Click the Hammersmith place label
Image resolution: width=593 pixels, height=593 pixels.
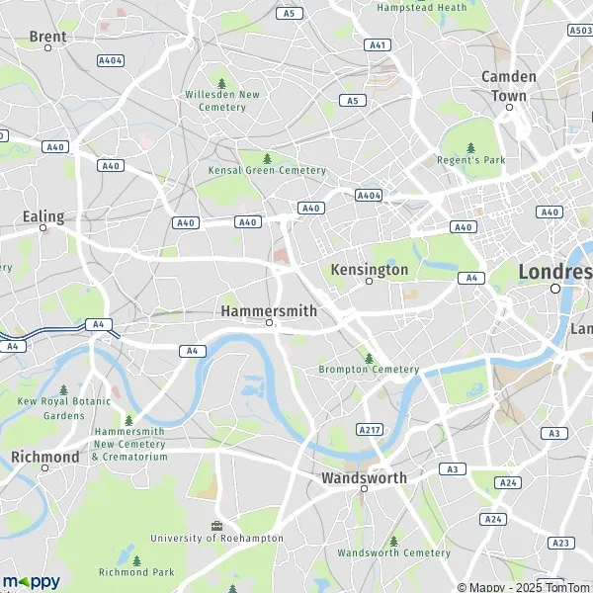point(269,310)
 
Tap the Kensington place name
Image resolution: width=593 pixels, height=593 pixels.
point(369,270)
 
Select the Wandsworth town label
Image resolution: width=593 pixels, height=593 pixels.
point(364,477)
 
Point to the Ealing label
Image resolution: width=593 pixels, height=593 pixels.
point(42,216)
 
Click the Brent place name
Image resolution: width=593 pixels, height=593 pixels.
point(47,37)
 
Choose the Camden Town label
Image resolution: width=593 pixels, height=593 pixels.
point(509,86)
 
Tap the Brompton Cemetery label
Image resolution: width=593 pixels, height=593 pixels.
point(369,370)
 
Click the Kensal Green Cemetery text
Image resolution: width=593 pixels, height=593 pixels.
point(267,170)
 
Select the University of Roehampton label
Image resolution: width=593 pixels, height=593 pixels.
point(216,539)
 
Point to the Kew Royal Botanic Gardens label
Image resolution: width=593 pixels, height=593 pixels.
point(64,409)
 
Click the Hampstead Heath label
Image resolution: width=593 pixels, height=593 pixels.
point(422,7)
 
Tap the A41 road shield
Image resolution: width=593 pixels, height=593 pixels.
point(377,45)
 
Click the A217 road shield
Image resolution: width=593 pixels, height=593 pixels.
point(368,430)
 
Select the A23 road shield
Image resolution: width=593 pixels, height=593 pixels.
point(560,543)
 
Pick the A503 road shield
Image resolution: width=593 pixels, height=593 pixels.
point(580,31)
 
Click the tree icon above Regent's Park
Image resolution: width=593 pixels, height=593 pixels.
point(470,147)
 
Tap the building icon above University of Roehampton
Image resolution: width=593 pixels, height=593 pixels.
point(216,525)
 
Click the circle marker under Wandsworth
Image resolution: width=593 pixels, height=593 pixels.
point(364,489)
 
